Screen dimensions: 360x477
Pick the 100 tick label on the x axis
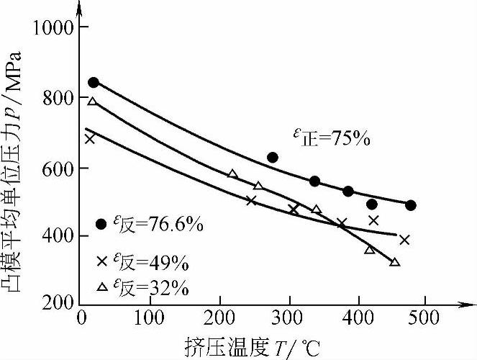[150, 318]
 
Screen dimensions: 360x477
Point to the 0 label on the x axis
[81, 318]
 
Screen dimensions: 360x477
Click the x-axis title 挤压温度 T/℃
[237, 346]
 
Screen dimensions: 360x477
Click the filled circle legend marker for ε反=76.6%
[101, 223]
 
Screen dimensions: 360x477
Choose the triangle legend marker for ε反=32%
[101, 287]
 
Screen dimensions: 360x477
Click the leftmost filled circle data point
[94, 83]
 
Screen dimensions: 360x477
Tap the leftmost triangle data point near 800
[92, 102]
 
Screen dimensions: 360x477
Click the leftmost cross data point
[89, 138]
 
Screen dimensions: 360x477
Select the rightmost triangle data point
[394, 262]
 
